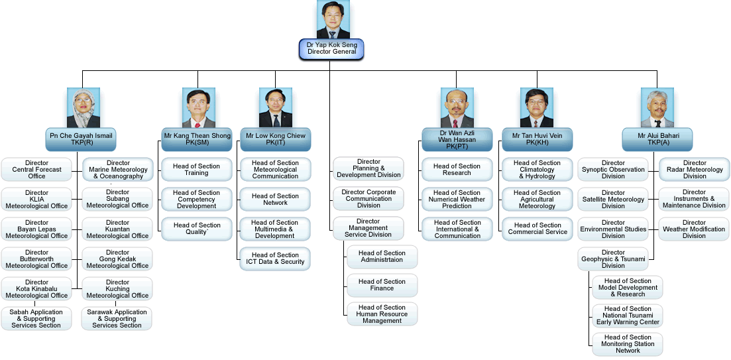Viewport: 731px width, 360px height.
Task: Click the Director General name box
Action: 331,48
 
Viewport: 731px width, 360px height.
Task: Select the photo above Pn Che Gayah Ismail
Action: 83,107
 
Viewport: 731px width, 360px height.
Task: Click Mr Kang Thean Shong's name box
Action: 197,139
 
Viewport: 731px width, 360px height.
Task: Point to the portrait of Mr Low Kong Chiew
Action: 276,107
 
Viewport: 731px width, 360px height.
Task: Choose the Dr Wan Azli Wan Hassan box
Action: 457,139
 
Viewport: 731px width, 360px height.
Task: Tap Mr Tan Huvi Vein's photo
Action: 537,107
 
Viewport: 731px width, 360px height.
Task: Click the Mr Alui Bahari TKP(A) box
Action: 655,139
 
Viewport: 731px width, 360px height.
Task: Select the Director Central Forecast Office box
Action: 37,169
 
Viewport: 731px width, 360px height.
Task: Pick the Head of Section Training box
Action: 196,169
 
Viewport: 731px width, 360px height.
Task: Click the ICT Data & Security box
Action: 275,258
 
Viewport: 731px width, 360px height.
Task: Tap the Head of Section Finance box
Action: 382,284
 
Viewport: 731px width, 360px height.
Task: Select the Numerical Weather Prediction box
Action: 457,199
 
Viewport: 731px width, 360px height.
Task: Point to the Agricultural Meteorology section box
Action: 537,199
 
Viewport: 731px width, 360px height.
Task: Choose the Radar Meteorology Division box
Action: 695,169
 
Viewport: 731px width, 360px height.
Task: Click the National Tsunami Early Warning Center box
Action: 628,315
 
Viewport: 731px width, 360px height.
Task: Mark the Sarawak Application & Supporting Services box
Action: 117,318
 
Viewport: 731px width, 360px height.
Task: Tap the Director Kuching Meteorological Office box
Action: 117,288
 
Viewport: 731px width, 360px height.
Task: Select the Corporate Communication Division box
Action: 368,198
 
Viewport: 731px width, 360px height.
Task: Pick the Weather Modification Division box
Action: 694,229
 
